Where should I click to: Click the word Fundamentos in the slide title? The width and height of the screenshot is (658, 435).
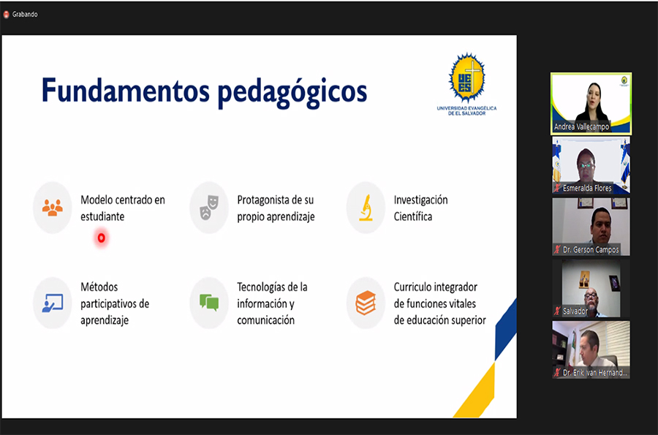tap(126, 91)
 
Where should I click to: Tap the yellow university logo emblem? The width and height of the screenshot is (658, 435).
tap(466, 77)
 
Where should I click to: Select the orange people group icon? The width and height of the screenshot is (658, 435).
tap(53, 208)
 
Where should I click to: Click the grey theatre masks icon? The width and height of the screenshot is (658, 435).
tap(209, 207)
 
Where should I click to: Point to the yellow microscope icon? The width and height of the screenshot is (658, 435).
tap(366, 208)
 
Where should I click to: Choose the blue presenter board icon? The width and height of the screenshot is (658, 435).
tap(53, 303)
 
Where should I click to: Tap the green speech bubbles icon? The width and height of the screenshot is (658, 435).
tap(209, 303)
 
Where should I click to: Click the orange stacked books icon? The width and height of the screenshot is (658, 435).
tap(366, 303)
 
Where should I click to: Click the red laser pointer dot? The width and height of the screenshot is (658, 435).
tap(101, 238)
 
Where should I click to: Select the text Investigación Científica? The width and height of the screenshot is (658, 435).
tap(420, 208)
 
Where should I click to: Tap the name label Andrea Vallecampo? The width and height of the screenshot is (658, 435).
tap(581, 126)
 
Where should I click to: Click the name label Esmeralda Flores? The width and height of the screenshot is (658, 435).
tap(587, 188)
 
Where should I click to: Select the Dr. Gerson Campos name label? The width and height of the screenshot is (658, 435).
tap(591, 249)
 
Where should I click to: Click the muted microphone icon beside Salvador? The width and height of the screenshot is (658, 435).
tap(557, 311)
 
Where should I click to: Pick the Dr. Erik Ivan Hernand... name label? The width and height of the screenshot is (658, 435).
tap(595, 373)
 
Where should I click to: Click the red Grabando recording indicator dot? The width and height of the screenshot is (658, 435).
tap(7, 15)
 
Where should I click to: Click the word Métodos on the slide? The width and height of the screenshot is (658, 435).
tap(99, 287)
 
